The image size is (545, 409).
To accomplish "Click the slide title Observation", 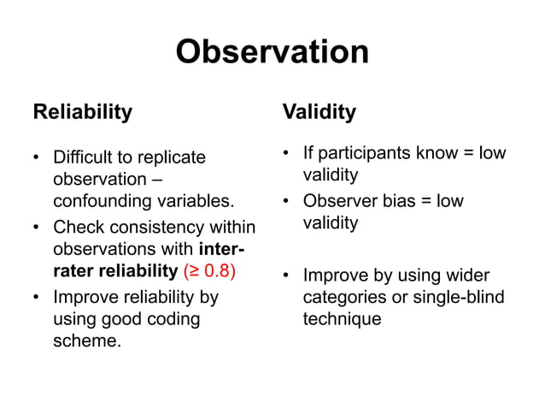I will pos(272,52).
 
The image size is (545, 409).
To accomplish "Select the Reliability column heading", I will pos(82,112).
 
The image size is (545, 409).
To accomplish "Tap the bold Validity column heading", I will pos(319,112).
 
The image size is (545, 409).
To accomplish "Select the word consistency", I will pos(150,228).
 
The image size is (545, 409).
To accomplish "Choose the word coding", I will pos(173,319).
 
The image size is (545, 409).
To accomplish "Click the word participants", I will pos(365,153).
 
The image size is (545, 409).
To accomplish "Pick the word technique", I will pos(342,319).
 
